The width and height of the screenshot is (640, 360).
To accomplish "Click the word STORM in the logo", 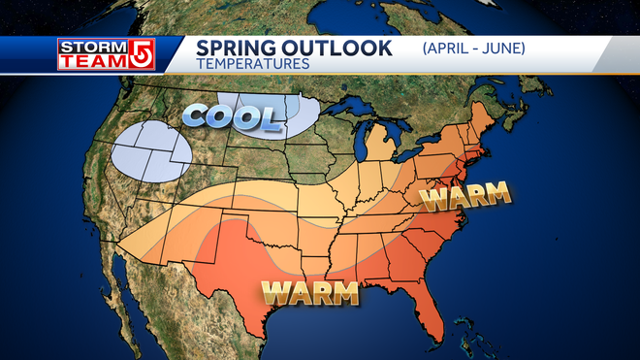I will (80, 46).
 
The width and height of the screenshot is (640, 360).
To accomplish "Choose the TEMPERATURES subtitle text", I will (252, 64).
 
